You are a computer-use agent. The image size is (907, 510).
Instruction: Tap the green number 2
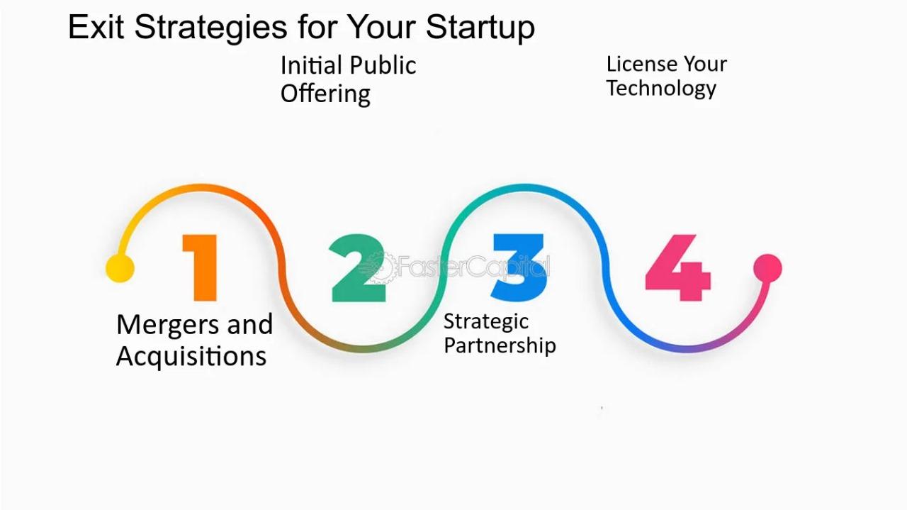[x=358, y=267]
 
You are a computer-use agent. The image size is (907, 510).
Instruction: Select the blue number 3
[x=518, y=267]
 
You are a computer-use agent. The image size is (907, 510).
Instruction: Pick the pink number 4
[x=678, y=267]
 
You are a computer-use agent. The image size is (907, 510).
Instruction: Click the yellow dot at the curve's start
[x=120, y=268]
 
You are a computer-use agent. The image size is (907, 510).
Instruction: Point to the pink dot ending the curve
[x=767, y=268]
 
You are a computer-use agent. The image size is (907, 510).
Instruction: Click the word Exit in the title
[x=96, y=27]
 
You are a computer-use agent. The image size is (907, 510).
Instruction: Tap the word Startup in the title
[x=480, y=28]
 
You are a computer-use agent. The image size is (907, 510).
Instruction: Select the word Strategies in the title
[x=210, y=28]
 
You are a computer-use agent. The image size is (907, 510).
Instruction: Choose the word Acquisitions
[x=191, y=356]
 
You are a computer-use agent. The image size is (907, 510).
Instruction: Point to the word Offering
[x=325, y=94]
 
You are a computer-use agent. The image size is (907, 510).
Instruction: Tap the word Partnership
[x=500, y=345]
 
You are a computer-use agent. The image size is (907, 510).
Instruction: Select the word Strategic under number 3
[x=486, y=322]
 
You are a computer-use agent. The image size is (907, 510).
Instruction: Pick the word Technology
[x=661, y=88]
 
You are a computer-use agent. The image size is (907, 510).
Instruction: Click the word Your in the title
[x=379, y=27]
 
